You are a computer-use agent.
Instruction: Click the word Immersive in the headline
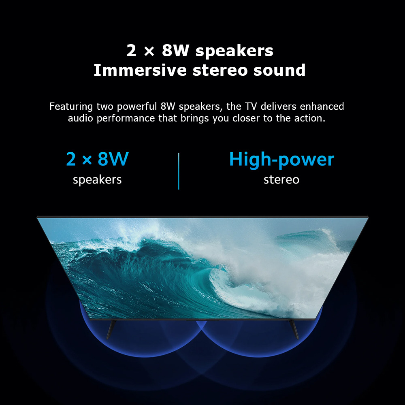point(140,70)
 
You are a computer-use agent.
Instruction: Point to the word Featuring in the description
point(71,107)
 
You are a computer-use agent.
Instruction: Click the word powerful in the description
point(137,107)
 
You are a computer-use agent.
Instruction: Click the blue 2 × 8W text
point(97,159)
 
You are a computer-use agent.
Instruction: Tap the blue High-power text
point(281,160)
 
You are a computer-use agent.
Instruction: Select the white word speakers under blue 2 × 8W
point(97,180)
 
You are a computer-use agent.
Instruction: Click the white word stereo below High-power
point(281,179)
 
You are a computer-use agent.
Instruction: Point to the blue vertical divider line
point(179,171)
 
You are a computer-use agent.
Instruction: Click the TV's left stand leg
point(111,330)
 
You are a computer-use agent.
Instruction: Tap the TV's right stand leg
point(294,330)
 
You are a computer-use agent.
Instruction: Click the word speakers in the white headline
point(234,51)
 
